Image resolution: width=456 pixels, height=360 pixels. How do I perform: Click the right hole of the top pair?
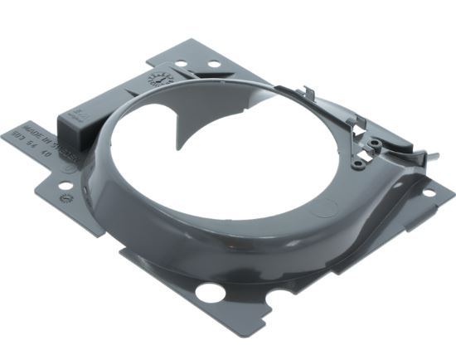213,64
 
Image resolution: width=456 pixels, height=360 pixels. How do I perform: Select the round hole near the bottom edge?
210,292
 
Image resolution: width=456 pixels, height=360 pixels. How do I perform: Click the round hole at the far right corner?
429,193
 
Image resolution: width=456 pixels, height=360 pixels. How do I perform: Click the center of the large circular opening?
232,158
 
